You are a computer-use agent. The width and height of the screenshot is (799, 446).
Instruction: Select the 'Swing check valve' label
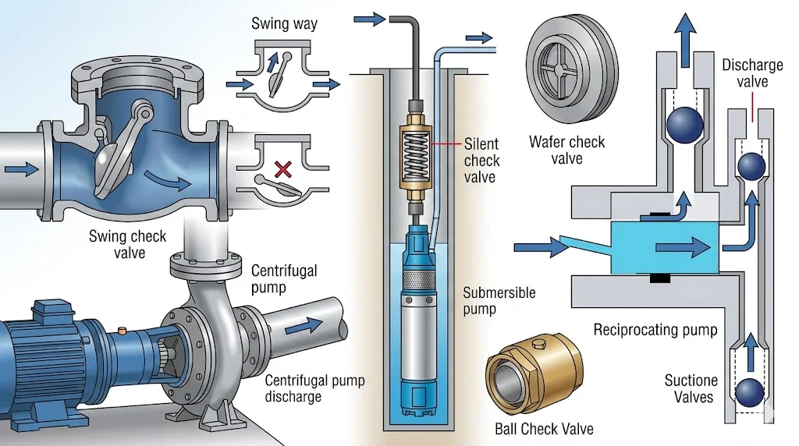(x=126, y=244)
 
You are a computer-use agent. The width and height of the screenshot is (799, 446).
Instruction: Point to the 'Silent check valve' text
(x=482, y=161)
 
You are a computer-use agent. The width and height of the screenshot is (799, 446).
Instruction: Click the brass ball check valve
(x=534, y=373)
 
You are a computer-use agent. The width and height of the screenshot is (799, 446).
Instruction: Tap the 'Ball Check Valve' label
(x=544, y=429)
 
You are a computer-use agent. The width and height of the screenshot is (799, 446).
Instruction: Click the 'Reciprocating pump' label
(x=655, y=330)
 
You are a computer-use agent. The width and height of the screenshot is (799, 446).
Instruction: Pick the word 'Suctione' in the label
(x=690, y=381)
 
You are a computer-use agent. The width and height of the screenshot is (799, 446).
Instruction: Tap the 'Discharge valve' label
(x=751, y=73)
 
